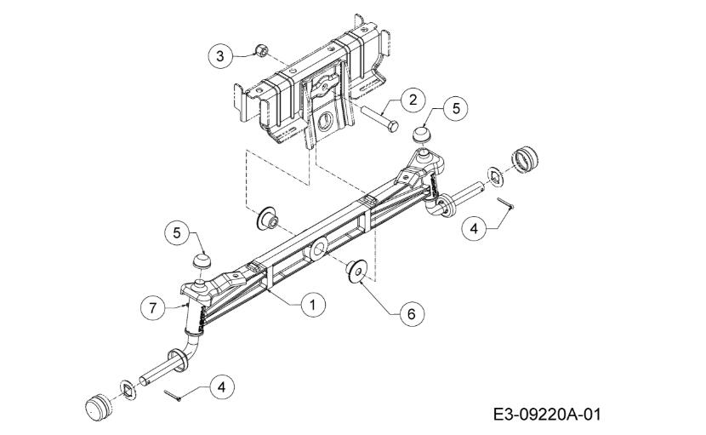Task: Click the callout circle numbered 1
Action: click(312, 305)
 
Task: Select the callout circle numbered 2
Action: click(413, 100)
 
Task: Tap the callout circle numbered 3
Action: click(220, 56)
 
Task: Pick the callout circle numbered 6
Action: click(412, 313)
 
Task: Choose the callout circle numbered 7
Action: click(152, 308)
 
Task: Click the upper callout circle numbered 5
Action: click(456, 109)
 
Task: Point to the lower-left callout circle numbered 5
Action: click(177, 233)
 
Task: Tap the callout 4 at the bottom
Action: click(222, 387)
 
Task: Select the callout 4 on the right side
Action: click(474, 229)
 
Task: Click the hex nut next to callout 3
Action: click(261, 50)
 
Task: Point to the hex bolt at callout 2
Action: click(379, 117)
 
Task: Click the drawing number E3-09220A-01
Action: click(547, 414)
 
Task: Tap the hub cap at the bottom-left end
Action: click(98, 407)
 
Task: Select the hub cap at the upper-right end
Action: click(525, 158)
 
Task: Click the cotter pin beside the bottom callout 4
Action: click(173, 396)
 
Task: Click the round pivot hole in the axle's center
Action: click(319, 249)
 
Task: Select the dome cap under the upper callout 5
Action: click(422, 135)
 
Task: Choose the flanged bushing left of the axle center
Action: click(267, 219)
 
